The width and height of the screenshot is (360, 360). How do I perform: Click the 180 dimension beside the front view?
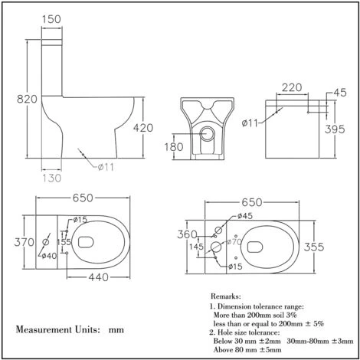(x=174, y=146)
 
